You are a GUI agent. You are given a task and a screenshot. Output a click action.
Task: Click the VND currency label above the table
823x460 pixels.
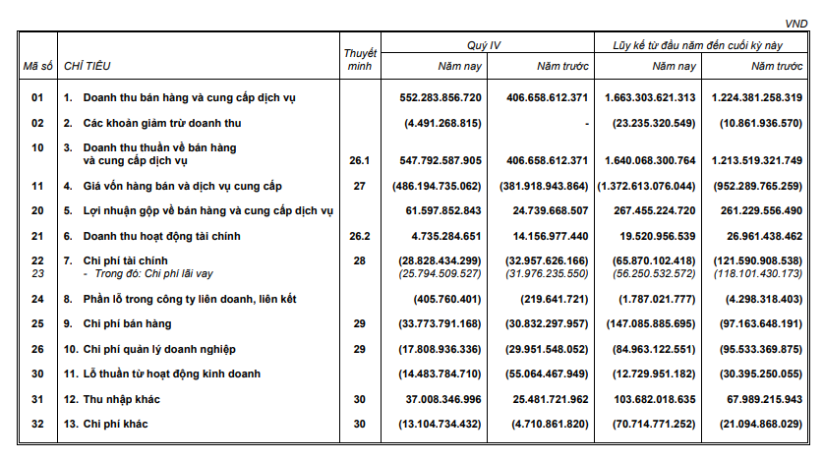tap(794, 22)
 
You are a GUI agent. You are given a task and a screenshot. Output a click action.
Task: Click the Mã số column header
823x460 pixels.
tap(36, 66)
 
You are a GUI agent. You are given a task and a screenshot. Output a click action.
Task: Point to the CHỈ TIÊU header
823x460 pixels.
tap(87, 66)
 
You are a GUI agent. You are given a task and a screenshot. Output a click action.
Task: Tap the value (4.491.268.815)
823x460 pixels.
tap(441, 123)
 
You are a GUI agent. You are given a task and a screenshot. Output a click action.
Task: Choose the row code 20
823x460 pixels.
tap(37, 211)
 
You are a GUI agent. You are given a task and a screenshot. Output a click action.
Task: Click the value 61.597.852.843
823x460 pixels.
tap(442, 211)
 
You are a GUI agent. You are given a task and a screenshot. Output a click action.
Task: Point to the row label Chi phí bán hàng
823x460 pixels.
tap(134, 323)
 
